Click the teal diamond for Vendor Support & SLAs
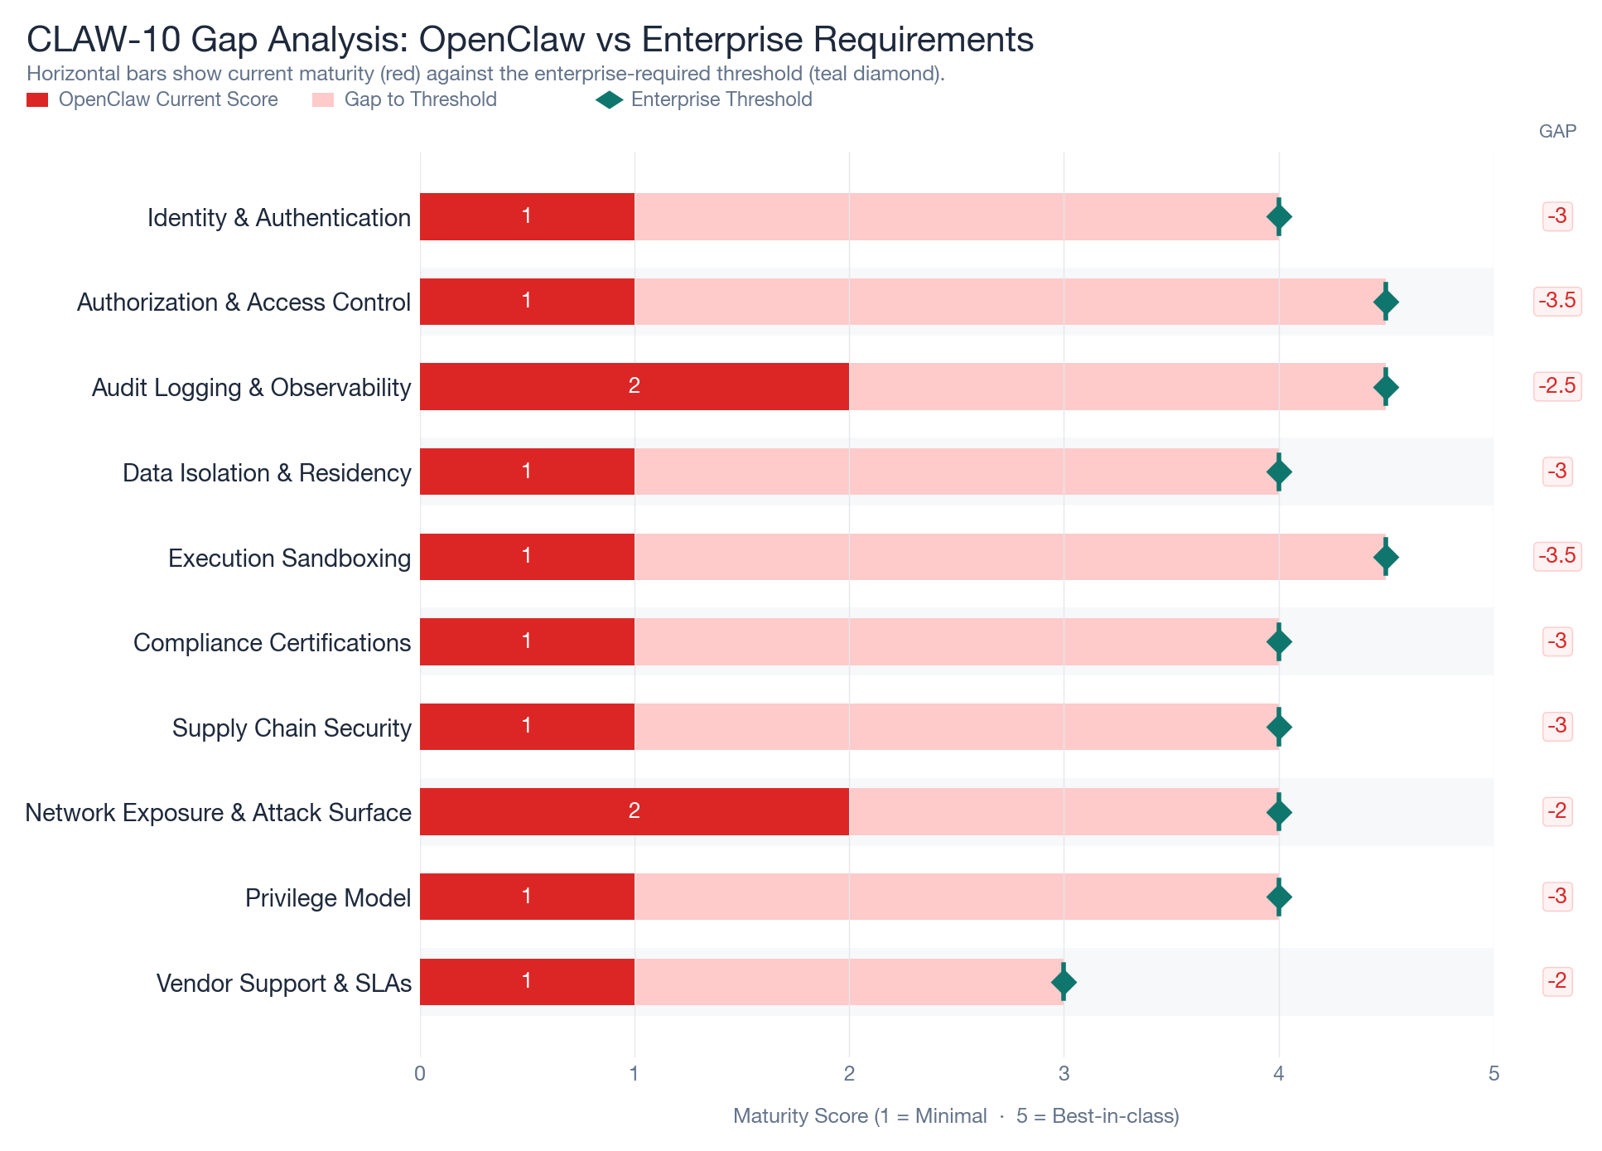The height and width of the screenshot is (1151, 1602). (x=1064, y=982)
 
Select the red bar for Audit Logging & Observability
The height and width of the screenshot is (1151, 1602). (x=634, y=386)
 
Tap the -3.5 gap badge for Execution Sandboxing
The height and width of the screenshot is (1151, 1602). (x=1556, y=555)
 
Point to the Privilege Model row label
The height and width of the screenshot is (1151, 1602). (x=328, y=897)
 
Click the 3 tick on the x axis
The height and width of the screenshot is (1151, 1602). (x=1064, y=1074)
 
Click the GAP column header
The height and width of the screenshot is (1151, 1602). (x=1557, y=131)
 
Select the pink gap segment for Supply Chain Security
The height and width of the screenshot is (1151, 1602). (x=956, y=727)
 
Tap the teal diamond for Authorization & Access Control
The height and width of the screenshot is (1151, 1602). (x=1386, y=302)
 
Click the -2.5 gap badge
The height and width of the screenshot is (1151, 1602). (x=1556, y=385)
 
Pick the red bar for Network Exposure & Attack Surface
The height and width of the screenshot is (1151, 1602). (x=634, y=811)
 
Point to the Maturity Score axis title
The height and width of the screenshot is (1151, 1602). (x=956, y=1116)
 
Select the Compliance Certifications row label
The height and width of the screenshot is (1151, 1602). (x=272, y=642)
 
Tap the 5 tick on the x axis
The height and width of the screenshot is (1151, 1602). (x=1493, y=1074)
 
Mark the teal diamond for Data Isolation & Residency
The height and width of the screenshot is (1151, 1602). (x=1279, y=472)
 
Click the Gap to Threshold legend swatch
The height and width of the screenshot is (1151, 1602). (x=323, y=100)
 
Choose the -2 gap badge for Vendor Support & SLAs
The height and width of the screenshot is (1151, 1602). (x=1556, y=981)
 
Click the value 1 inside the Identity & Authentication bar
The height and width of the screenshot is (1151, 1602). (x=527, y=216)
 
